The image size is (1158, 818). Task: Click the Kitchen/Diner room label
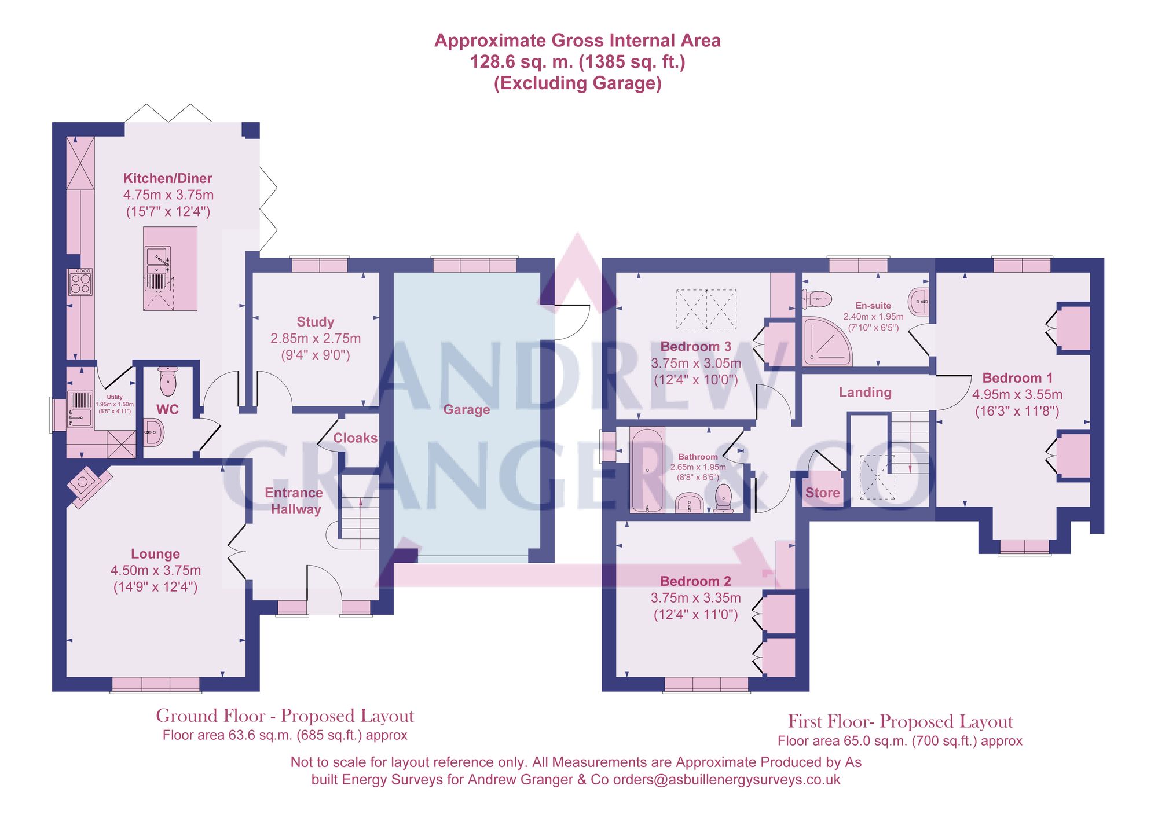click(x=167, y=178)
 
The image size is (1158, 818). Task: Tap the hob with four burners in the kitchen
click(x=80, y=282)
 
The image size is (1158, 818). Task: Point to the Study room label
click(x=315, y=322)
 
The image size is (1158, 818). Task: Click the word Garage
click(x=466, y=410)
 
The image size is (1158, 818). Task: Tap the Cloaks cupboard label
click(x=355, y=438)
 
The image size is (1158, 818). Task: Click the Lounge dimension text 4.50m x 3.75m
click(x=155, y=571)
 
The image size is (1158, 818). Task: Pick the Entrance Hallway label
click(x=294, y=501)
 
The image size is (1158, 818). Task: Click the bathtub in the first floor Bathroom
click(x=647, y=470)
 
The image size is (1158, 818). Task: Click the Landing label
click(x=865, y=393)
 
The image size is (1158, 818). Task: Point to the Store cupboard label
click(x=822, y=493)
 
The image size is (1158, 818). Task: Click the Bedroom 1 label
click(x=1017, y=378)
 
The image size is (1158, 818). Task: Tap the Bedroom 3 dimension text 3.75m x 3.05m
click(x=695, y=364)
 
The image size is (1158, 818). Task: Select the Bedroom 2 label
click(x=695, y=581)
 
